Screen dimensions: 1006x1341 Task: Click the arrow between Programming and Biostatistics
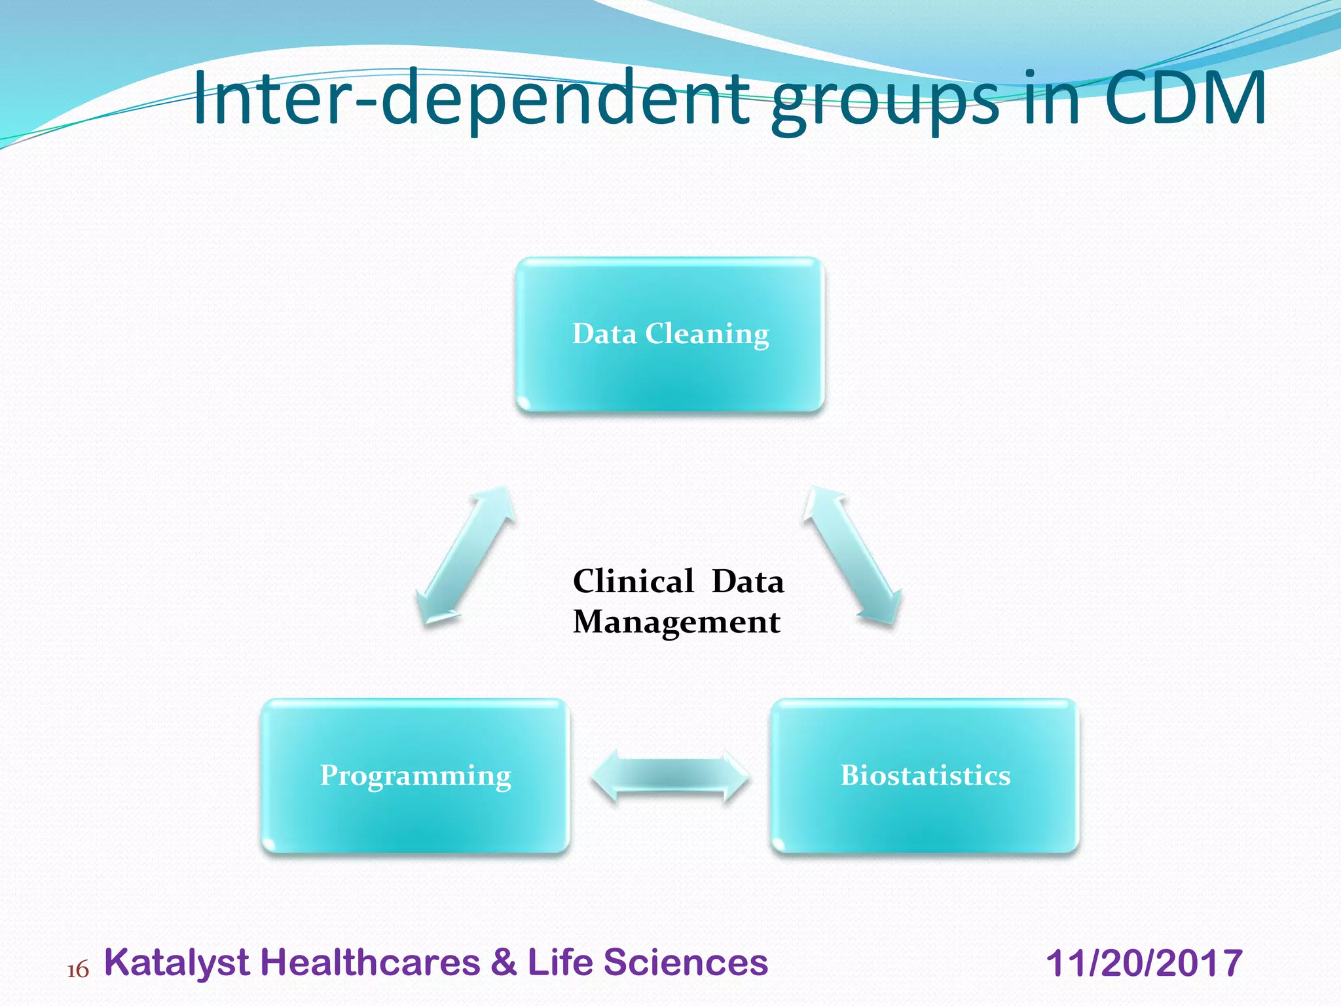coord(670,776)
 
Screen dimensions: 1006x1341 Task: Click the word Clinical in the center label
coord(633,581)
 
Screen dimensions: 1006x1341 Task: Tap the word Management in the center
coord(676,622)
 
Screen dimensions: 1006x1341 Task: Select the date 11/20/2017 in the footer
coord(1143,963)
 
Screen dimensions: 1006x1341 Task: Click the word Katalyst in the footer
coord(177,963)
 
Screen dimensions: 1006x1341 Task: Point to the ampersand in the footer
coord(503,962)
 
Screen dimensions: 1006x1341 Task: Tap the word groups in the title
coord(884,102)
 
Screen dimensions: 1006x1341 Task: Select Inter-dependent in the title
coord(471,98)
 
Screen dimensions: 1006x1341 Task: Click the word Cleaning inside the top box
coord(707,334)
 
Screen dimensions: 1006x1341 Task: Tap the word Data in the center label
coord(747,581)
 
